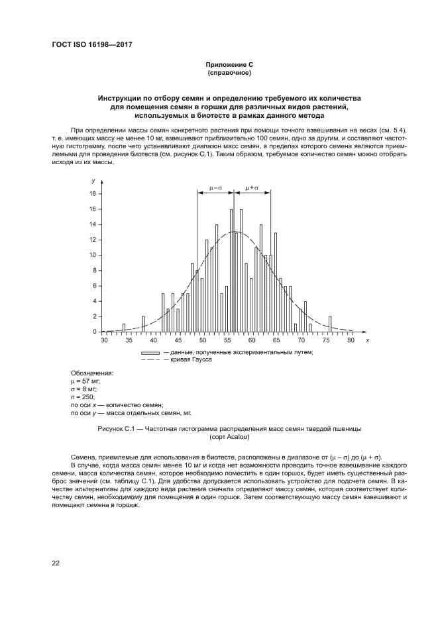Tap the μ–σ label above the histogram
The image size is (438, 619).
click(x=215, y=188)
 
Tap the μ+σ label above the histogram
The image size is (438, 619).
click(x=252, y=188)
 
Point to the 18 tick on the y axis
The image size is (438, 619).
click(x=93, y=194)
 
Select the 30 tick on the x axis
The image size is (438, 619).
click(x=104, y=340)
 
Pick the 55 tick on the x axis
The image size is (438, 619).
click(x=227, y=340)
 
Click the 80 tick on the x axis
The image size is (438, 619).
click(x=351, y=340)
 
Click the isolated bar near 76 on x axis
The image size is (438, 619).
click(x=331, y=324)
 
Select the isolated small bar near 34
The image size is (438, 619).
click(x=124, y=328)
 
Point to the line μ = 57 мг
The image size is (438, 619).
click(x=86, y=381)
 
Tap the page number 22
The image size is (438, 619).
click(x=56, y=563)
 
